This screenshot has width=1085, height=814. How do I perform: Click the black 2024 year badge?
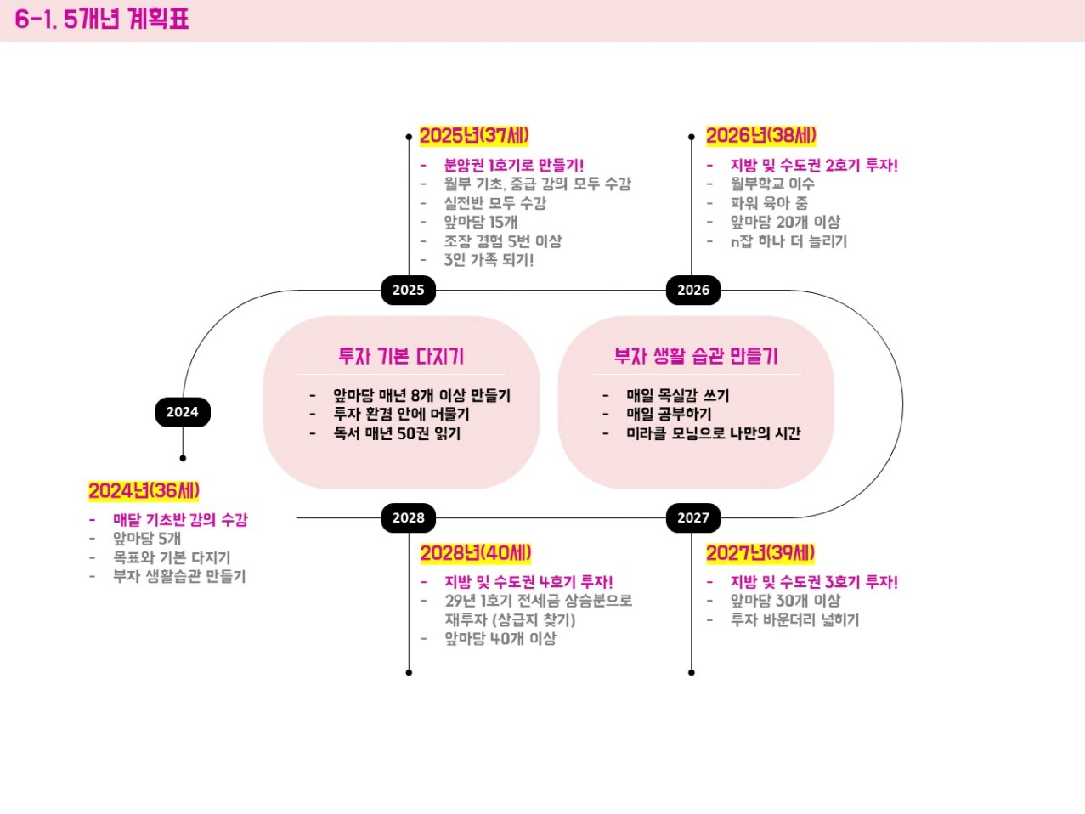[182, 412]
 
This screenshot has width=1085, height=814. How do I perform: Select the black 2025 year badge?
[408, 290]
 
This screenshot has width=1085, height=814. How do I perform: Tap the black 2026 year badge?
[693, 290]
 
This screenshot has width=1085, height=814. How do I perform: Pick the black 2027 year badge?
[693, 517]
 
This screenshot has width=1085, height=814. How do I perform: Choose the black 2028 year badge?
[408, 517]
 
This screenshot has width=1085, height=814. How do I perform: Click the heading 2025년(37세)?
[474, 136]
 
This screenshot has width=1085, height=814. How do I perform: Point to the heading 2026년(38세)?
[760, 136]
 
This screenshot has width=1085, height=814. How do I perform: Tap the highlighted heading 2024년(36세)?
[144, 490]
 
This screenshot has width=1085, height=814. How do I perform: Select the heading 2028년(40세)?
[476, 553]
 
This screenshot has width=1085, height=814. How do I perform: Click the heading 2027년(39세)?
[760, 553]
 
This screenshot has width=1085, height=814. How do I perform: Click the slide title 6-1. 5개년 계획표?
[102, 19]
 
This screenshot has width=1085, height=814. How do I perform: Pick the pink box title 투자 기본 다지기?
[401, 356]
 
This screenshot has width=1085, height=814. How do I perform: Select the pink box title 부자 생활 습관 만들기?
[696, 356]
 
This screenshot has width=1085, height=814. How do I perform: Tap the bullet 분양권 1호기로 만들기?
[513, 165]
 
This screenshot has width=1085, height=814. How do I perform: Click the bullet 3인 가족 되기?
[489, 260]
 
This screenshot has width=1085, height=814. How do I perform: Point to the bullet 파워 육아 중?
[769, 203]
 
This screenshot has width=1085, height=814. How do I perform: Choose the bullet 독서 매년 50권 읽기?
[397, 433]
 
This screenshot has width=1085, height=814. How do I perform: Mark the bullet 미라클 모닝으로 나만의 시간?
[713, 433]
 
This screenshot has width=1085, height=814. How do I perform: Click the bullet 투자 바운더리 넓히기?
[794, 620]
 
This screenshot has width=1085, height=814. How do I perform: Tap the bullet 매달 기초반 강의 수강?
[180, 520]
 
